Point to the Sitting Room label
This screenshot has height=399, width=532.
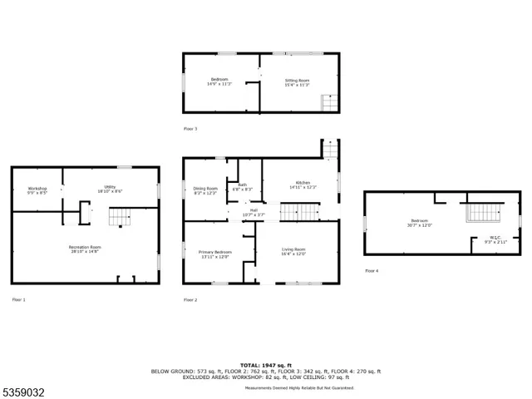297,82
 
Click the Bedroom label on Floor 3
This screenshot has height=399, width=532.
220,81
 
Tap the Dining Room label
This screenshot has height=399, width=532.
205,190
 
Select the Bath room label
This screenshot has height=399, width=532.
243,187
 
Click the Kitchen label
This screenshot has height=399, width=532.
303,185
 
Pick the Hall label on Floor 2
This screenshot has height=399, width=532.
254,213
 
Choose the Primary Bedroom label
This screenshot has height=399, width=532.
214,254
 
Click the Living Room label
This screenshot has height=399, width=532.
293,252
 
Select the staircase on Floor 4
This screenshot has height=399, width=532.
482,214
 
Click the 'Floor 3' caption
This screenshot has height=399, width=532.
190,129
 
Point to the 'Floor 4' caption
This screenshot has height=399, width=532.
371,271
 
